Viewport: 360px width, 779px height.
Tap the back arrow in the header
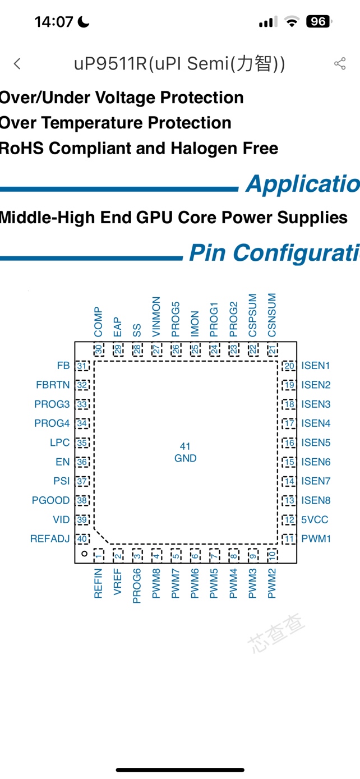[x=17, y=64]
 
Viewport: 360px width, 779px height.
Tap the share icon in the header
[x=340, y=63]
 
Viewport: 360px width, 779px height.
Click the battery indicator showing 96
[x=318, y=22]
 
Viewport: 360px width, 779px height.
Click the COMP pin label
[x=99, y=321]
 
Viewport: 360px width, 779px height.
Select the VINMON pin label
[x=156, y=316]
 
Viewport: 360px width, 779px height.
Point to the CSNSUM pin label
[x=272, y=315]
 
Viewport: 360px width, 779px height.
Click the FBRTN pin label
[x=53, y=385]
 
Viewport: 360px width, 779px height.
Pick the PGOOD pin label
[x=51, y=500]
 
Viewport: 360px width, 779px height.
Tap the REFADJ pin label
[x=50, y=539]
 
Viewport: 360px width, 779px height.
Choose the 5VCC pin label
[x=315, y=520]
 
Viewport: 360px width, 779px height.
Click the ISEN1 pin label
[x=316, y=366]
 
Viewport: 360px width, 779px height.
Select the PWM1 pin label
[x=316, y=539]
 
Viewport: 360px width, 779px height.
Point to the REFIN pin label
[x=99, y=583]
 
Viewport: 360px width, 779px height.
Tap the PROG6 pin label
[x=137, y=586]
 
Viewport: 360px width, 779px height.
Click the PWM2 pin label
[x=272, y=583]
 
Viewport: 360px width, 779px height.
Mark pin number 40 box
[x=82, y=539]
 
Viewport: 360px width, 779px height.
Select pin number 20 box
[x=289, y=366]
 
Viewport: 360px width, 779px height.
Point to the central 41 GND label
[x=185, y=453]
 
